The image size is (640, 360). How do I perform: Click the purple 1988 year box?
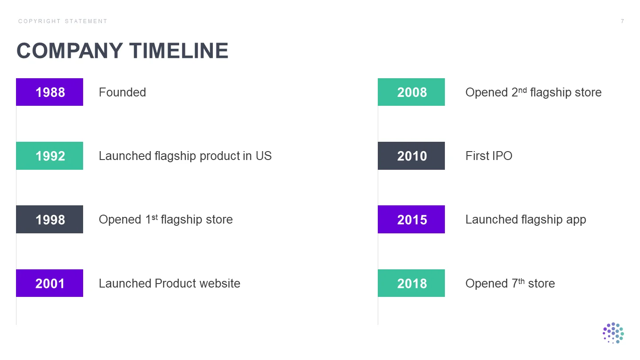pyautogui.click(x=49, y=92)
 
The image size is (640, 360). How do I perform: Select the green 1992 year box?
pyautogui.click(x=49, y=156)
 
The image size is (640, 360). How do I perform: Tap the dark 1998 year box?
pyautogui.click(x=49, y=219)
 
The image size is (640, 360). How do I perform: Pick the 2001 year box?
pyautogui.click(x=49, y=283)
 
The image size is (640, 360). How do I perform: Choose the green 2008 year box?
pyautogui.click(x=411, y=92)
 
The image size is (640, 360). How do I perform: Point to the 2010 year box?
pyautogui.click(x=411, y=156)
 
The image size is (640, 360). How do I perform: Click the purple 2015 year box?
pyautogui.click(x=411, y=219)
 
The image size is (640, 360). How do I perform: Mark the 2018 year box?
pyautogui.click(x=411, y=283)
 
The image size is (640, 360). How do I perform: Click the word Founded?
pyautogui.click(x=122, y=92)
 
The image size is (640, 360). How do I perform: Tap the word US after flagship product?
pyautogui.click(x=264, y=156)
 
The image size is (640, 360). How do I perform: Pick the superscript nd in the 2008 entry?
pyautogui.click(x=523, y=90)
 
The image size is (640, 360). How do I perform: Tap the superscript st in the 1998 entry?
pyautogui.click(x=155, y=218)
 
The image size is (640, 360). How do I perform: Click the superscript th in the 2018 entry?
pyautogui.click(x=521, y=281)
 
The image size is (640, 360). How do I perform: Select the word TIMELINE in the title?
pyautogui.click(x=179, y=51)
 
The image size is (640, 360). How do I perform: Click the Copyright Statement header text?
pyautogui.click(x=63, y=21)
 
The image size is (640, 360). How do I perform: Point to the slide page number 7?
pyautogui.click(x=622, y=21)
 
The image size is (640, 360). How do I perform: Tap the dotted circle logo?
pyautogui.click(x=613, y=333)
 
